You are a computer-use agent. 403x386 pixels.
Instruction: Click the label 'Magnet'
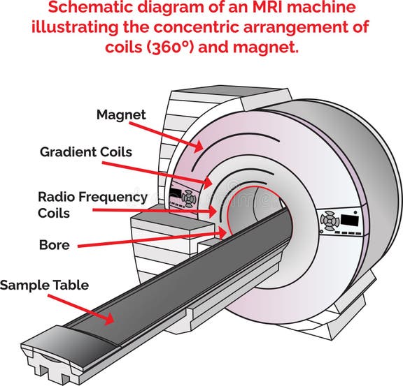pyautogui.click(x=121, y=115)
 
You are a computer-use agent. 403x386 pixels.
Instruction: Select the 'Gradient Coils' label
pyautogui.click(x=85, y=151)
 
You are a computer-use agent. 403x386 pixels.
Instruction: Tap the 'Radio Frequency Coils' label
pyautogui.click(x=92, y=205)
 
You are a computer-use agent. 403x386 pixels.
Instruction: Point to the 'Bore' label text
pyautogui.click(x=54, y=246)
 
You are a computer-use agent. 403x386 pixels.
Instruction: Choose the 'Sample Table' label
pyautogui.click(x=44, y=285)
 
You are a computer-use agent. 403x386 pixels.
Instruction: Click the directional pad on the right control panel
pyautogui.click(x=330, y=221)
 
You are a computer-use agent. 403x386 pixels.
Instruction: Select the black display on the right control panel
pyautogui.click(x=349, y=220)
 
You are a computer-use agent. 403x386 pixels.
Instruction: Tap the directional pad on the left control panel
pyautogui.click(x=188, y=198)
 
